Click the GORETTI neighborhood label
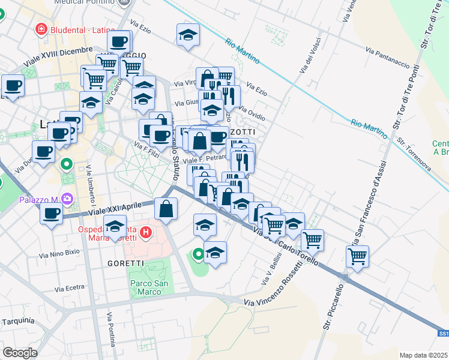click(125, 263)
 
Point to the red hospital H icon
click(145, 232)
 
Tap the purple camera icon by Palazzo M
click(66, 198)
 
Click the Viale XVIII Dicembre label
click(58, 56)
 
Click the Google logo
click(20, 352)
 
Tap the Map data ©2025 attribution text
click(423, 355)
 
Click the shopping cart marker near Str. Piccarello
click(358, 256)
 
